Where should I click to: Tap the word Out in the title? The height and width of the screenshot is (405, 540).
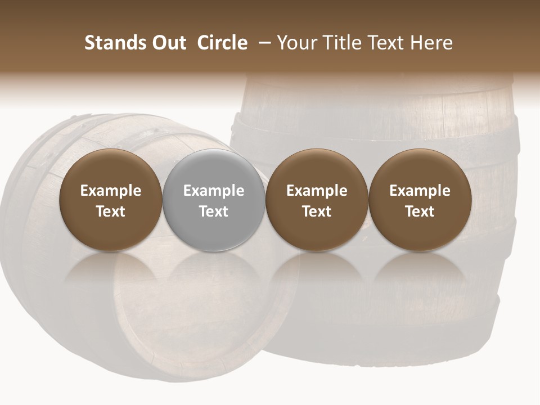168,43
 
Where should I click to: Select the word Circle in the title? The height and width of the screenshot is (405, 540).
222,43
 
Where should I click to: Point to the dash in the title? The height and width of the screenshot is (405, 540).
263,43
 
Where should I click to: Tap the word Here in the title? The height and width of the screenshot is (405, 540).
431,43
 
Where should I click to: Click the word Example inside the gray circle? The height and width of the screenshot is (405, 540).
214,191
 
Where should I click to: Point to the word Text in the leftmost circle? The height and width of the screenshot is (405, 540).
111,211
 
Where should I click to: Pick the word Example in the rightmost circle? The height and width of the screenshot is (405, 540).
420,191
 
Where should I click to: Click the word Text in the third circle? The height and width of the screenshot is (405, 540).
317,211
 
